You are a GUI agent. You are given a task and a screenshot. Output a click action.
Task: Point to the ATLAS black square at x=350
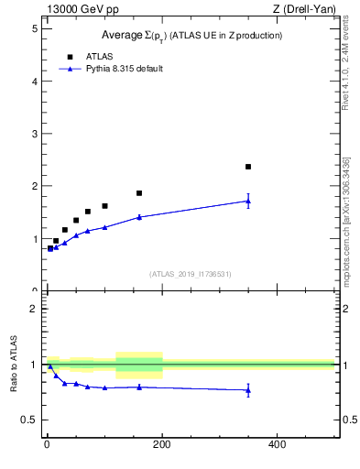point(248,167)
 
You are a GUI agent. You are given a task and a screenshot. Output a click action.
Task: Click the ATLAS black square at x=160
point(139,193)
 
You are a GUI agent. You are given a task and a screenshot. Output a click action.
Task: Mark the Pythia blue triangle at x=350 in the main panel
point(248,201)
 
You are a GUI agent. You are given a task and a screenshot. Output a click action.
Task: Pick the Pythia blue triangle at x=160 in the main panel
point(139,217)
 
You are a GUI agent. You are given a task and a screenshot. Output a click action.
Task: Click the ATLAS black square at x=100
point(104,206)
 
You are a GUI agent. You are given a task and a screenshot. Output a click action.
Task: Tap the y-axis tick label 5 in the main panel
point(34,28)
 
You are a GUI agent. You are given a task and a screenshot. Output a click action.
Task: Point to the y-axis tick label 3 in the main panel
point(34,134)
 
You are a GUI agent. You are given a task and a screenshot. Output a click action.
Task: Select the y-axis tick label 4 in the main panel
point(34,81)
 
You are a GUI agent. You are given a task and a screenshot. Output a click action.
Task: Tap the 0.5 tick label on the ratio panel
point(29,420)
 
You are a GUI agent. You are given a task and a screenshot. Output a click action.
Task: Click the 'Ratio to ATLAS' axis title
point(13,365)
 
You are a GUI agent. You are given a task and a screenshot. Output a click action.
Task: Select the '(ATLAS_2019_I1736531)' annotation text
point(191,274)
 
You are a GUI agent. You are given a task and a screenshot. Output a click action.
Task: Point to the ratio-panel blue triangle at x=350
point(248,390)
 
